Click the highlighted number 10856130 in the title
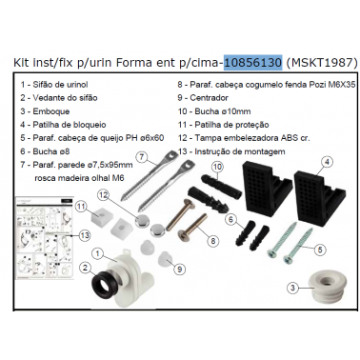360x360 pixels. (x=252, y=63)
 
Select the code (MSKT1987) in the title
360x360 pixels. (x=322, y=63)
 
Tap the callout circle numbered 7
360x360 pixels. (x=143, y=157)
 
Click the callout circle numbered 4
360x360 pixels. (x=327, y=162)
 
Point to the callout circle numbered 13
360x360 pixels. (x=84, y=235)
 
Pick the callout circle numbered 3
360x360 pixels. (x=292, y=288)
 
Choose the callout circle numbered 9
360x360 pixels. (x=179, y=270)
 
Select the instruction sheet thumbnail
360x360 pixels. (x=45, y=238)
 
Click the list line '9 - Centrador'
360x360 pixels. (x=203, y=98)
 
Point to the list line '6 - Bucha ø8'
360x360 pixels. (x=45, y=151)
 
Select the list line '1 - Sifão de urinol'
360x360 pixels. (x=54, y=85)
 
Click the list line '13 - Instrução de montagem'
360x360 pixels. (x=231, y=151)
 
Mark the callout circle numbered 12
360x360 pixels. (x=103, y=195)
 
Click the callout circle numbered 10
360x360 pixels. (x=217, y=167)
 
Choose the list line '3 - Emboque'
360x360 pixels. (x=45, y=111)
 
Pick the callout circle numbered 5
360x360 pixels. (x=320, y=250)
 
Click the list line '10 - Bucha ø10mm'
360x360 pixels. (x=214, y=111)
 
